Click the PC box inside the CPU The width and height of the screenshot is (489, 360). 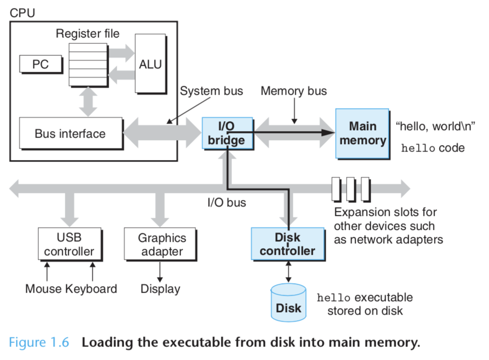(40, 64)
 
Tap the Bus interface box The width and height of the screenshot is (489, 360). (70, 133)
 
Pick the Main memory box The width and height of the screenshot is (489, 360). (363, 133)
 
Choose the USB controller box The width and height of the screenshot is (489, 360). (69, 244)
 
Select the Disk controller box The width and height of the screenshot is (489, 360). (287, 244)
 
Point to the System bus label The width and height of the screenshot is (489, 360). (212, 91)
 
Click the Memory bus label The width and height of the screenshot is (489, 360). (294, 91)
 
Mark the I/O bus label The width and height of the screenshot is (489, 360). (227, 202)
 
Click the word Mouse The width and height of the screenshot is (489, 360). (43, 289)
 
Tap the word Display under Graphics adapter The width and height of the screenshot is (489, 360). (160, 289)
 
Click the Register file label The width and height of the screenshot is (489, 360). (88, 33)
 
